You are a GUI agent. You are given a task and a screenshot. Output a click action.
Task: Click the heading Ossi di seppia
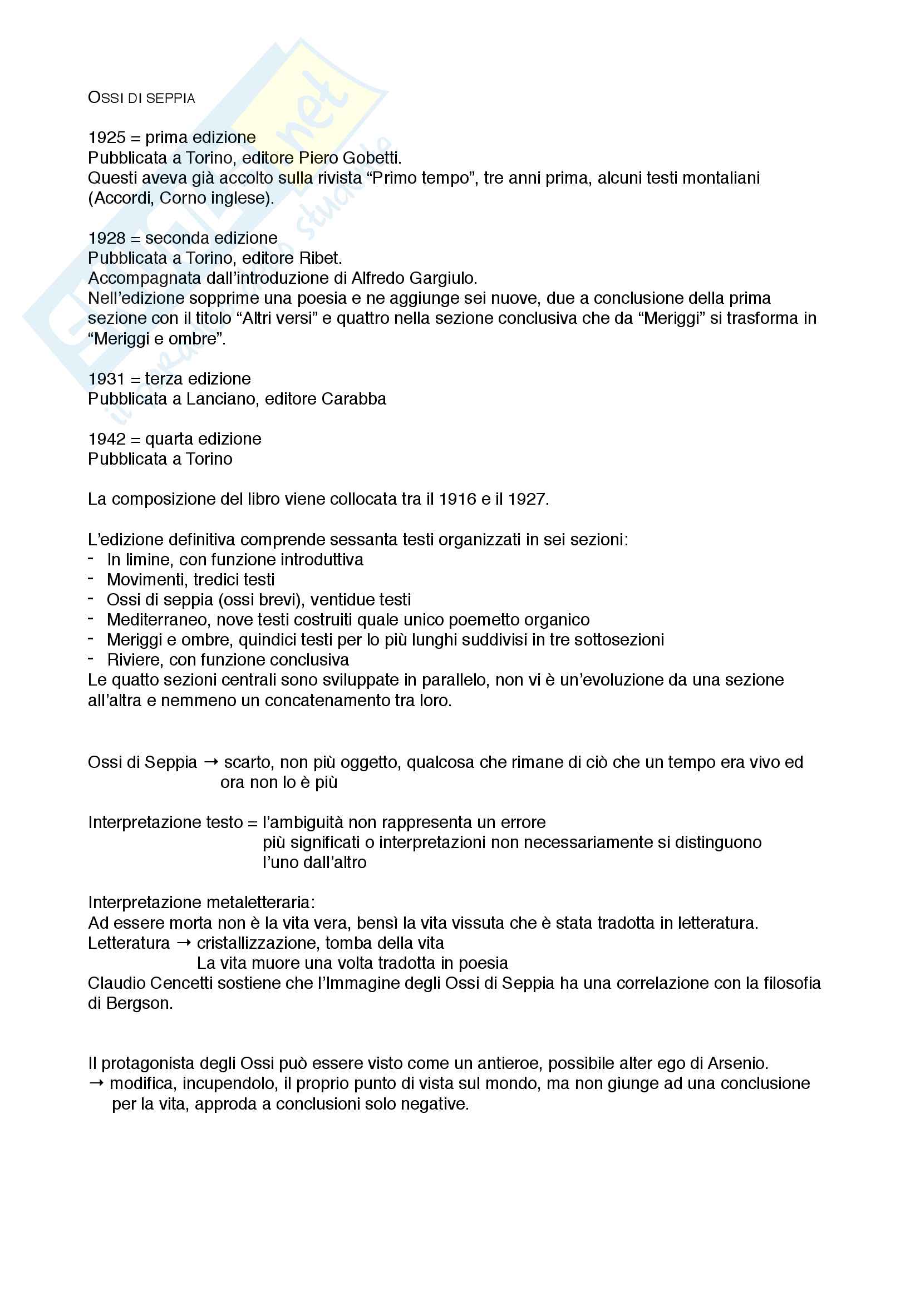pos(141,98)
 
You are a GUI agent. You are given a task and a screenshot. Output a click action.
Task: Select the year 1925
pos(106,137)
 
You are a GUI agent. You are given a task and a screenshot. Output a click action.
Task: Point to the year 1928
pos(106,238)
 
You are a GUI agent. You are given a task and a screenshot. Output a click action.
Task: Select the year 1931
pos(106,379)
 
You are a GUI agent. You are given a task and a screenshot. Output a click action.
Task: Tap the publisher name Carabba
pos(354,399)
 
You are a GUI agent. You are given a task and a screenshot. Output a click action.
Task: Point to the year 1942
pos(106,439)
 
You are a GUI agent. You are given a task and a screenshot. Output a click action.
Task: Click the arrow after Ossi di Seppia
pos(211,763)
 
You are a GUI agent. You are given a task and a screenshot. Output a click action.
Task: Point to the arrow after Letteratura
pos(184,943)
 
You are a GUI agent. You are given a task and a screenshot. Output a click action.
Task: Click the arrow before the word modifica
pos(96,1083)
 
